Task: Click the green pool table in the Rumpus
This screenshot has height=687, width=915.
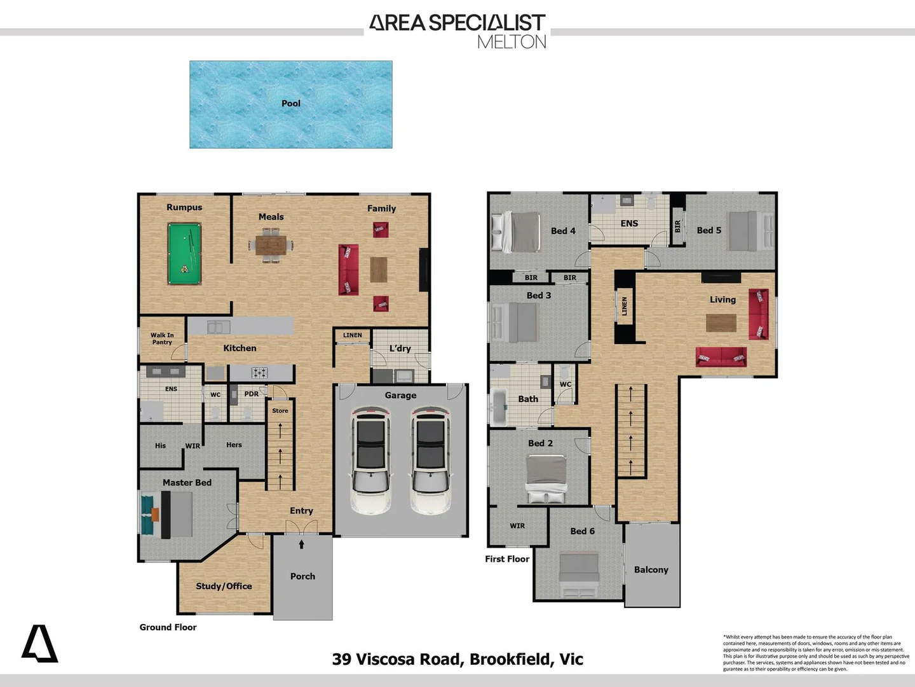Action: (184, 253)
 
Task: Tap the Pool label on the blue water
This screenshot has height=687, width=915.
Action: (291, 103)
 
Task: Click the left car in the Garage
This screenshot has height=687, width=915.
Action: (370, 460)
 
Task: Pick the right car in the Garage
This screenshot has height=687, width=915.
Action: (430, 460)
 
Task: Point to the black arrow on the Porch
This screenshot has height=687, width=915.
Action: (302, 544)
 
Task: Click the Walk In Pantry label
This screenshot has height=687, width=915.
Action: (162, 338)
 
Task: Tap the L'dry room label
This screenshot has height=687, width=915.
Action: (400, 348)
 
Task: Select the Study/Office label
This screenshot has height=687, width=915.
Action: (224, 586)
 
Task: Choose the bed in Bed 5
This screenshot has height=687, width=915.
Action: (750, 230)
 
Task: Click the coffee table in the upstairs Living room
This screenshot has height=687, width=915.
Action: (721, 323)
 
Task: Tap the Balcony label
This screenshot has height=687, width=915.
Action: (651, 570)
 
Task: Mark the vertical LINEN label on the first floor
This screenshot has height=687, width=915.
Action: (625, 306)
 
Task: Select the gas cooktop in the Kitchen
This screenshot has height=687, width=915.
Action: (260, 373)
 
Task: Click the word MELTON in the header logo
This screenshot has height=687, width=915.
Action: (512, 42)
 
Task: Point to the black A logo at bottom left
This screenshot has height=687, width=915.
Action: (40, 644)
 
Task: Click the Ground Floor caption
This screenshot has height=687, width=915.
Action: (168, 627)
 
